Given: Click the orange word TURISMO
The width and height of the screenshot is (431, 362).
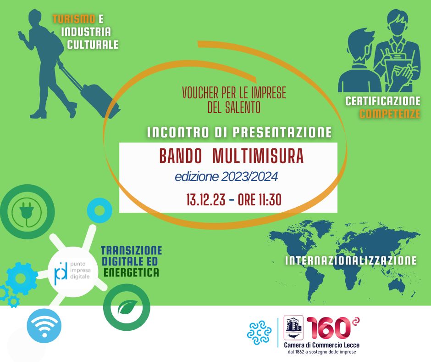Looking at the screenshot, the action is pos(74,19).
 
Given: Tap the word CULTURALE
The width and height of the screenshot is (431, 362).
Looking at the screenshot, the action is pos(93,45).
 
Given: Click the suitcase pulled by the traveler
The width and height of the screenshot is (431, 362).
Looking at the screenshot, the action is pos(100,100).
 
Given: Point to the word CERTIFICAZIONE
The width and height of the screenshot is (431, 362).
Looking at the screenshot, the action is pos(382,101).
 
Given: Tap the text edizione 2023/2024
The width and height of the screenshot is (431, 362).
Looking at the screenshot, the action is pos(226,177).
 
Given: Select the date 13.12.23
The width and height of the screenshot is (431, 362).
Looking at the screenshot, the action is pos(205,199).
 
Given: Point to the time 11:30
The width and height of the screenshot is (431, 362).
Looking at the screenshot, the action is pos(270,199).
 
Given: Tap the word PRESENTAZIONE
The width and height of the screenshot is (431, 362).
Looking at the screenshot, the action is pos(282,132).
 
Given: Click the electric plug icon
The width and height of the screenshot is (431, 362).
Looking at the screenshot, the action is pos(27,212).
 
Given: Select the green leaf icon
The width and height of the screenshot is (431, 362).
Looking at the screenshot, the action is pos(127,307).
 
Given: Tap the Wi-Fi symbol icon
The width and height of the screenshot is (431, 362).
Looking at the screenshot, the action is pos(44,325).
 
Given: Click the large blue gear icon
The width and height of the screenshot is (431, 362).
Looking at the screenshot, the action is pos(22,278).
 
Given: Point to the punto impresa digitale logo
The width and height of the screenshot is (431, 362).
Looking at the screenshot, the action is pos(72,270).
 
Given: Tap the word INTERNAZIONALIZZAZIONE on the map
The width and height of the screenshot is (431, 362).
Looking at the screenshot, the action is pos(351,260).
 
